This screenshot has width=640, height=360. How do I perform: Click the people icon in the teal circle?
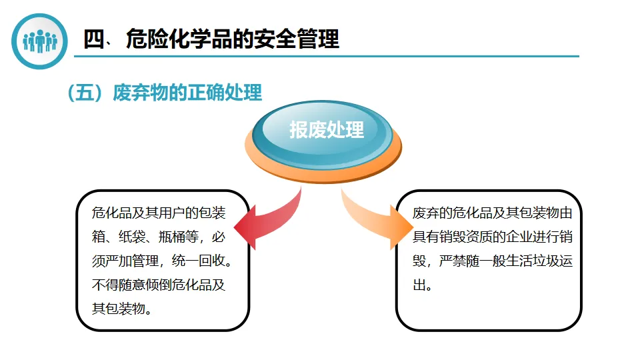[x=41, y=41]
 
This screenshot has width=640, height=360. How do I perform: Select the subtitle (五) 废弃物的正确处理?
[x=164, y=93]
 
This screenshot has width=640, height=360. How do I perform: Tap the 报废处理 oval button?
[x=327, y=130]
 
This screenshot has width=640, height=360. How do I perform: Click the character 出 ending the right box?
[x=419, y=285]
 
